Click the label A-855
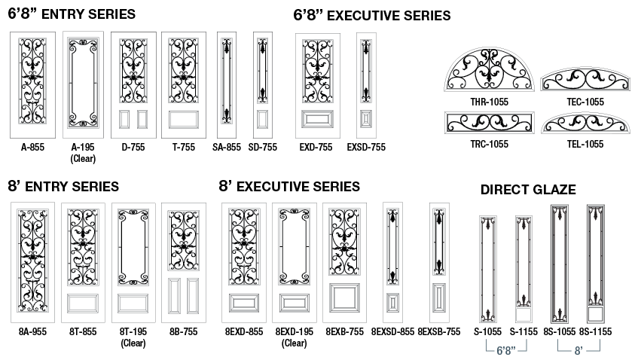pos(32,147)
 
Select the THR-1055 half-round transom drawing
pos(489,69)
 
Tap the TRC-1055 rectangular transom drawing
pos(489,123)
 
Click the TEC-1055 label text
pos(585,102)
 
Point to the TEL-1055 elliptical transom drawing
pos(585,123)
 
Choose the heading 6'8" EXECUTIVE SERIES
pos(372,16)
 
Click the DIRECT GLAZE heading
pos(528,190)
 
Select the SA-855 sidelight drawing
pos(227,85)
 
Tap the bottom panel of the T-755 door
pos(184,120)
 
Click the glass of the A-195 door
pos(83,84)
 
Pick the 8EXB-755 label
pos(344,331)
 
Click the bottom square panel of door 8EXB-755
pos(344,297)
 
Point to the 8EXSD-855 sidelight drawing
pos(392,262)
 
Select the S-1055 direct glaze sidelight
pos(488,270)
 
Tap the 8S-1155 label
pos(595,331)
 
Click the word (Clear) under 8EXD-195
pos(295,343)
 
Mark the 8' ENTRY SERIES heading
pos(63,186)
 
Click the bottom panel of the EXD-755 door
pos(317,120)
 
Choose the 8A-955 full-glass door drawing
pos(32,262)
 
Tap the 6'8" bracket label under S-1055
pos(506,350)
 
